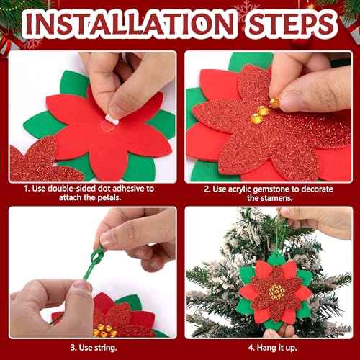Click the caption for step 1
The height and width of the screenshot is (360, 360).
pos(90,192)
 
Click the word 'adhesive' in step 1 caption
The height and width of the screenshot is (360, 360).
pos(135,188)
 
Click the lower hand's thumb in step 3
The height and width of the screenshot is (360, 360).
pos(76,288)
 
